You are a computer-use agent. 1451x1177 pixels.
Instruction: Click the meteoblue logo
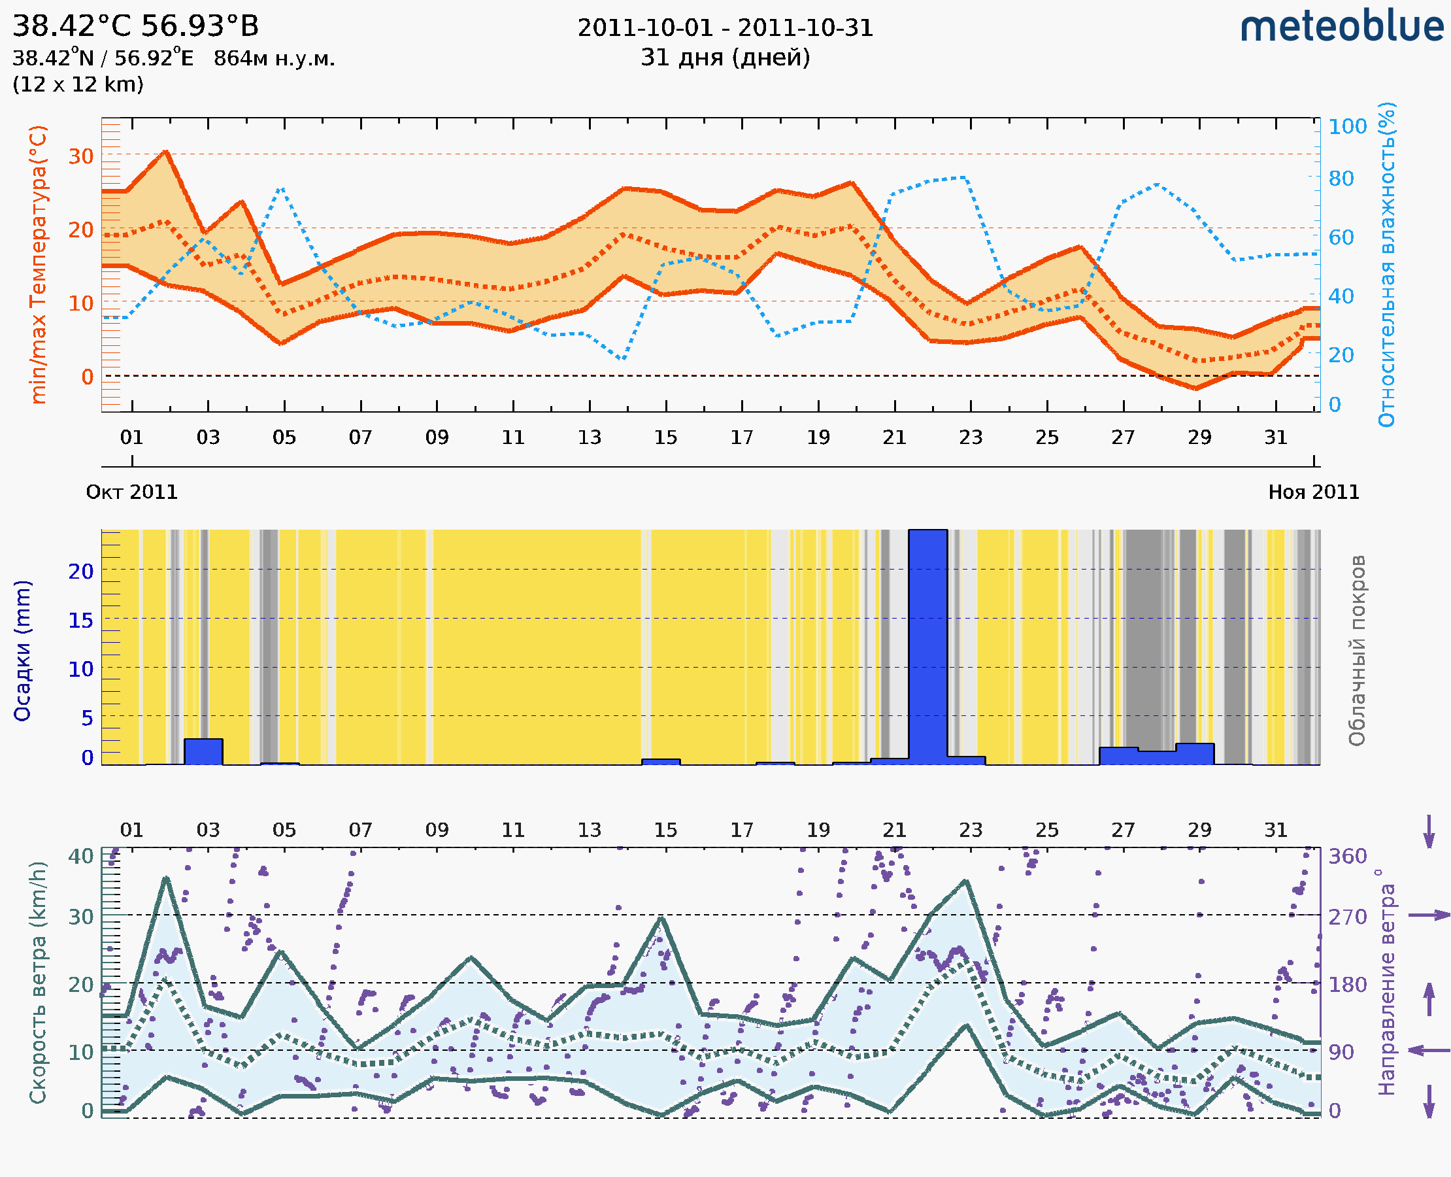(x=1342, y=27)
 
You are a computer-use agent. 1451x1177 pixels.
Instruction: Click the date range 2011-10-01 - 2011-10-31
(x=725, y=28)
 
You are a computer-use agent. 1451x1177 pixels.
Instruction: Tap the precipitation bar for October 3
(x=203, y=752)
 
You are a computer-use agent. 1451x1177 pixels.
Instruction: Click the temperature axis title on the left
(x=39, y=264)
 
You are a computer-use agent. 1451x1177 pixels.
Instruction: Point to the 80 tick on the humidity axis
(x=1341, y=179)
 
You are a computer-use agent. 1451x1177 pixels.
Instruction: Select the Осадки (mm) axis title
(x=22, y=651)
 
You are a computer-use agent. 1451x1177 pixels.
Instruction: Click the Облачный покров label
(x=1357, y=651)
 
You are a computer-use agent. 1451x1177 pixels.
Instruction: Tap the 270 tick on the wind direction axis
(x=1347, y=917)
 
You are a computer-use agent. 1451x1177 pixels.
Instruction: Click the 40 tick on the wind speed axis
(x=80, y=856)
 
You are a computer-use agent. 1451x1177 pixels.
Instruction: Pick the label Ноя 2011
(x=1314, y=492)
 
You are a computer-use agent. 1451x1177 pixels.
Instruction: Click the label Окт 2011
(x=131, y=492)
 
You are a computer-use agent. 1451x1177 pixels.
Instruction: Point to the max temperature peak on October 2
(x=166, y=151)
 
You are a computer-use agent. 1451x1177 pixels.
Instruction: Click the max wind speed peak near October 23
(x=966, y=881)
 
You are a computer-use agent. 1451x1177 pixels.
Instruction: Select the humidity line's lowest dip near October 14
(x=623, y=359)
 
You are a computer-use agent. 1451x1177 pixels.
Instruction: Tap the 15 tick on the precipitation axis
(x=80, y=621)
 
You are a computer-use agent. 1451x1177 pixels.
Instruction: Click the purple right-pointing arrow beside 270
(x=1429, y=915)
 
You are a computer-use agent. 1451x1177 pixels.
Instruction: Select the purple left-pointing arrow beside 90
(x=1429, y=1050)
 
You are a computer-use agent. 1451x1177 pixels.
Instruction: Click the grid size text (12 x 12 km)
(x=78, y=85)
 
